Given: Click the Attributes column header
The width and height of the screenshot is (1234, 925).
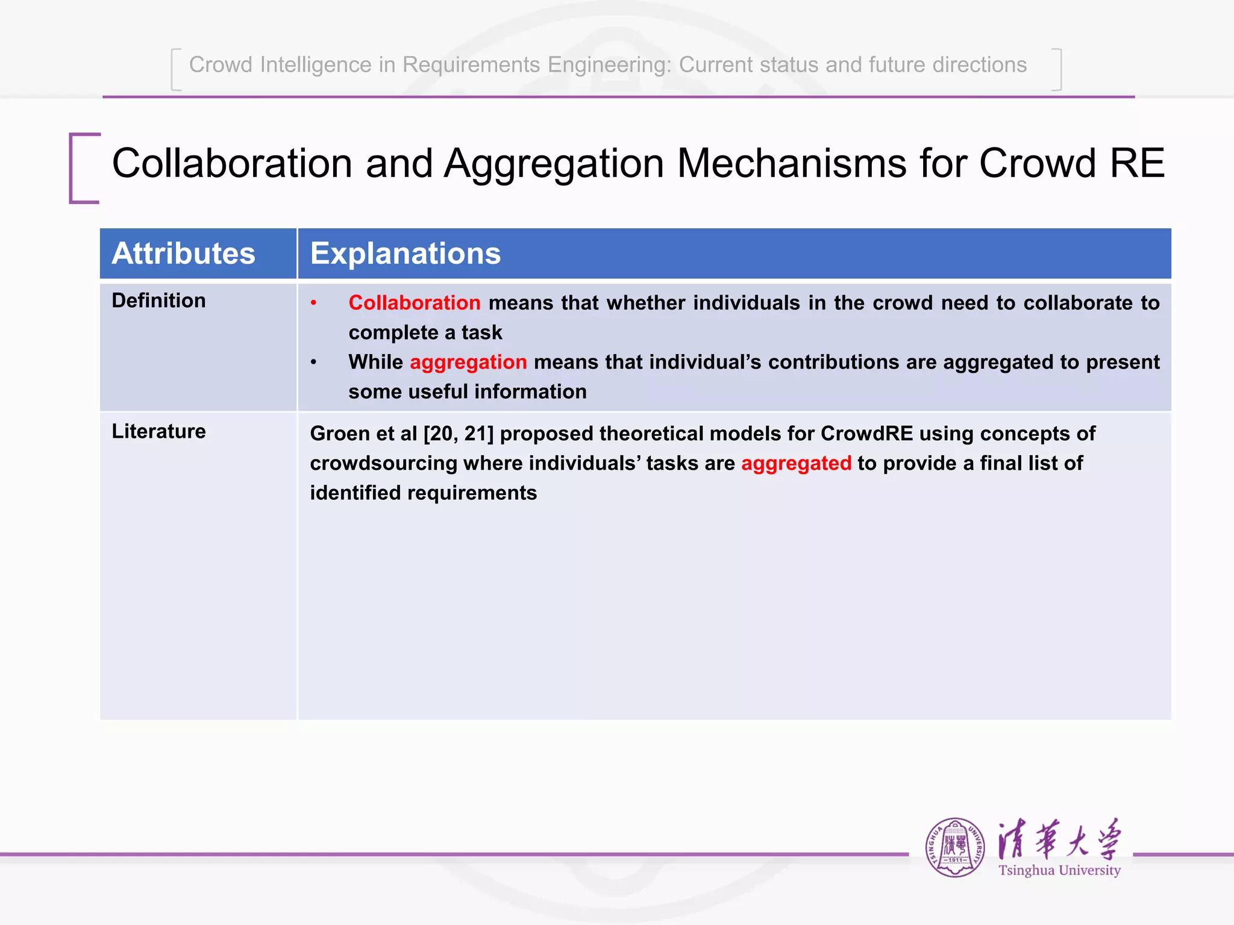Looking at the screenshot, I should (183, 254).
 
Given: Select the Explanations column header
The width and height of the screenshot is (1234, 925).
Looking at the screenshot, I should (405, 254).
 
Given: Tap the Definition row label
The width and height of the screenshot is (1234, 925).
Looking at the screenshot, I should (158, 301).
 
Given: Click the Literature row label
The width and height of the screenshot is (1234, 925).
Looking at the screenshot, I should (158, 431).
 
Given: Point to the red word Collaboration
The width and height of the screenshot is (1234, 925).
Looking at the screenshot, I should (414, 303).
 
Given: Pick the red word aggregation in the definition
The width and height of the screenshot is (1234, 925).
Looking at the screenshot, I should (468, 362).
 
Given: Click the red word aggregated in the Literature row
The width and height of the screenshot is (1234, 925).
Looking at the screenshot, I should (796, 463).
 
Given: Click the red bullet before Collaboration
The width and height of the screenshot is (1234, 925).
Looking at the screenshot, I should (313, 303).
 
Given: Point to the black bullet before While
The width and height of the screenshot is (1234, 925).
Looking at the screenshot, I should (313, 363).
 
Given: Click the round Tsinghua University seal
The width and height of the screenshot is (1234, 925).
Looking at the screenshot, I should (955, 847).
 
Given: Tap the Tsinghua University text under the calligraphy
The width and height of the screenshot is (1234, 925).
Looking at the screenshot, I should (1059, 870).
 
